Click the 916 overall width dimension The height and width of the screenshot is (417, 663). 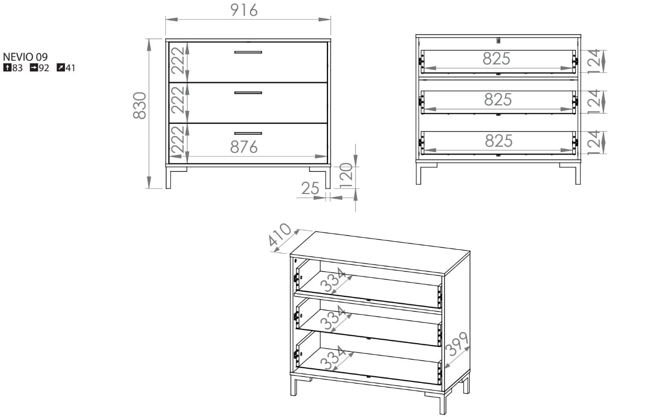tap(244, 10)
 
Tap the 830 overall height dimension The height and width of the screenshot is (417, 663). tap(139, 105)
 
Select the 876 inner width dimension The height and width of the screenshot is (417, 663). tap(244, 147)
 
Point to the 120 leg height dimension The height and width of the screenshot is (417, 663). tap(346, 175)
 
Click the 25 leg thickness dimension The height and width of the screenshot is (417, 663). tap(310, 188)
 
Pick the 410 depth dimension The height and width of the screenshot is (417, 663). tap(280, 235)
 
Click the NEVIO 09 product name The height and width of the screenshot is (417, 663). tap(25, 57)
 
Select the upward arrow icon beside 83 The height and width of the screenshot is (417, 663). tap(7, 67)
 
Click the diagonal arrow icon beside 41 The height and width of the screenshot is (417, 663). tap(60, 67)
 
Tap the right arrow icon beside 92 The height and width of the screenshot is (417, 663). tap(34, 67)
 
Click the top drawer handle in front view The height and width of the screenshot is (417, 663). tap(248, 52)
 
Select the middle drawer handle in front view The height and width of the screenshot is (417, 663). tap(248, 93)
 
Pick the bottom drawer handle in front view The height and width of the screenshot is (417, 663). tap(248, 133)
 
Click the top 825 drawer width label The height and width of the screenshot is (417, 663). tap(496, 59)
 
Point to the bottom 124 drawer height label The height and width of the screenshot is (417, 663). tap(594, 143)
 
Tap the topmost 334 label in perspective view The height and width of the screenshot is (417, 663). tap(333, 280)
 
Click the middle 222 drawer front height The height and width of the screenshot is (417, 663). tap(178, 100)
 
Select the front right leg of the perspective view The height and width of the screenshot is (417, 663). tap(443, 403)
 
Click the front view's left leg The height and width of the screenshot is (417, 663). tap(168, 178)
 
